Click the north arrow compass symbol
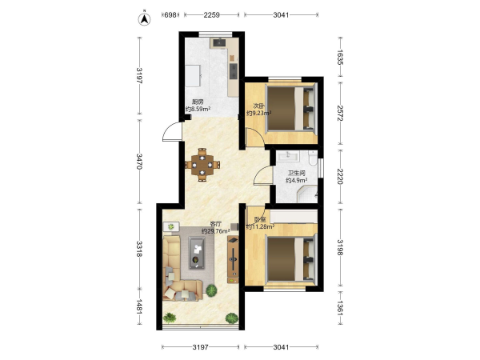click(x=145, y=19)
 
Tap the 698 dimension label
click(x=170, y=14)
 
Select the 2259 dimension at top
click(x=211, y=14)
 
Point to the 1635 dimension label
click(x=340, y=58)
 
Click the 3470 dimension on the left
click(x=139, y=162)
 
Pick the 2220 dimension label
click(x=340, y=176)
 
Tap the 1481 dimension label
click(x=139, y=306)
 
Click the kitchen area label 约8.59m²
click(x=198, y=109)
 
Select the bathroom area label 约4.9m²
click(x=296, y=180)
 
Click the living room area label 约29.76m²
click(x=215, y=231)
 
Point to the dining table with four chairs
click(x=202, y=165)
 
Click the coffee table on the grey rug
click(x=197, y=253)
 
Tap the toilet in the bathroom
click(x=313, y=158)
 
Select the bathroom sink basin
click(x=288, y=157)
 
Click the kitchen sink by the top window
click(x=219, y=42)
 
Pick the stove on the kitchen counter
click(x=234, y=71)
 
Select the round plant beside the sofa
click(x=211, y=290)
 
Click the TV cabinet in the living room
click(x=233, y=259)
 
